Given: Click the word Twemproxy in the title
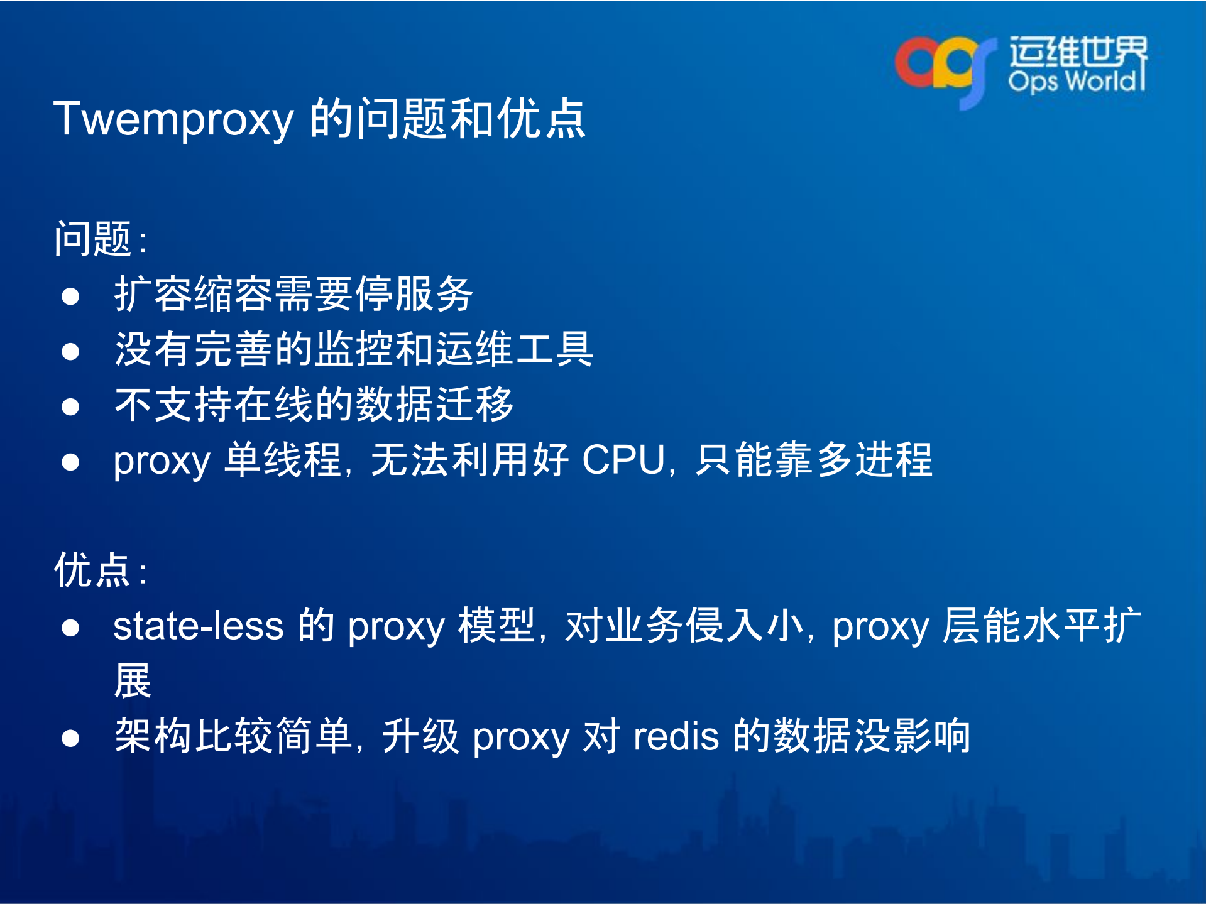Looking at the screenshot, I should click(173, 119).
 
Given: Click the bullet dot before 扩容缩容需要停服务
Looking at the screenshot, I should click(70, 296).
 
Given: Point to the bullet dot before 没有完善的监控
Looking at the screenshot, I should click(70, 351).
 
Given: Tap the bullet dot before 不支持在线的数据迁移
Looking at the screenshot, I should click(70, 406).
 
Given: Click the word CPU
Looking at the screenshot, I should click(623, 460).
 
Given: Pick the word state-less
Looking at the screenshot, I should click(198, 626).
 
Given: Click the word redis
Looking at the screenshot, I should click(676, 736).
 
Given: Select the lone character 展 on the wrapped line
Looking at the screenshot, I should click(133, 681).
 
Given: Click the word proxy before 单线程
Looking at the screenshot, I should click(162, 461).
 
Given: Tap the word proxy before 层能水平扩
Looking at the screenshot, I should click(880, 627).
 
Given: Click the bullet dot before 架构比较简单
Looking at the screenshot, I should click(70, 738).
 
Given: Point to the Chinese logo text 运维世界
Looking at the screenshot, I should click(1077, 52).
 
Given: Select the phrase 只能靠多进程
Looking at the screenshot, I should click(813, 460).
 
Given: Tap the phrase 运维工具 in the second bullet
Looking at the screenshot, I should click(514, 349).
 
